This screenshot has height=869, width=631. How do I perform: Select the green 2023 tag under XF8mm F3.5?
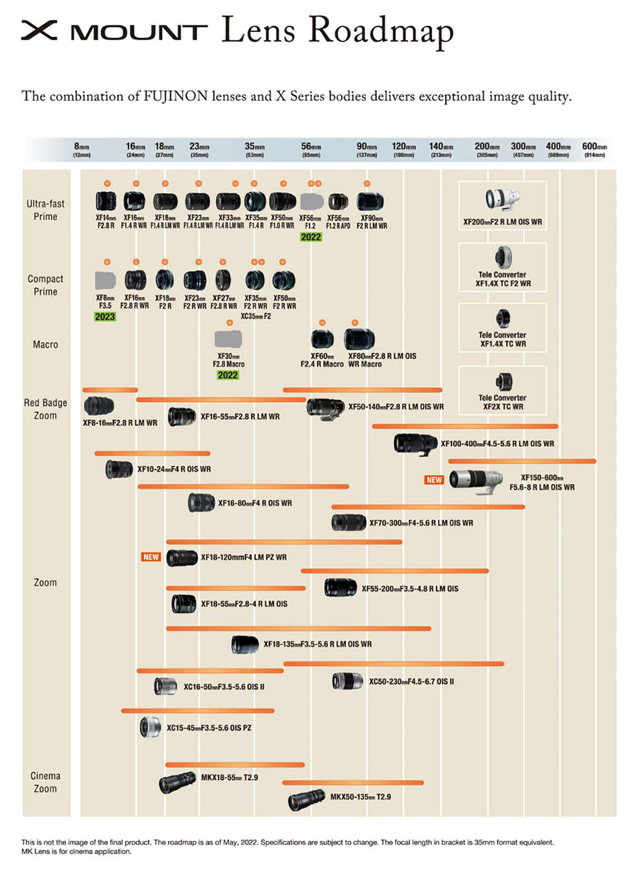click(105, 316)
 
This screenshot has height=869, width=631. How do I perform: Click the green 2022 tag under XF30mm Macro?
click(228, 375)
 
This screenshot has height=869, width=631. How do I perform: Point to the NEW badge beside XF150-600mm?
click(434, 480)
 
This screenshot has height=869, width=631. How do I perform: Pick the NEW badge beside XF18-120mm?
click(151, 557)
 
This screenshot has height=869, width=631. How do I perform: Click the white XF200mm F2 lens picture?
click(502, 199)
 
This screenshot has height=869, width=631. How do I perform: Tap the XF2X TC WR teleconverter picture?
click(503, 382)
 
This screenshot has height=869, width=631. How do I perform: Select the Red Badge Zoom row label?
click(45, 409)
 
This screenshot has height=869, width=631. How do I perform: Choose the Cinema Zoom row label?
click(45, 782)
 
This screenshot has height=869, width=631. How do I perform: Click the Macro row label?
click(45, 344)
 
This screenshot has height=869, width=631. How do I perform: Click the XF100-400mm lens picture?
click(415, 443)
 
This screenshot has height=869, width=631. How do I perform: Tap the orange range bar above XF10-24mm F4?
click(152, 453)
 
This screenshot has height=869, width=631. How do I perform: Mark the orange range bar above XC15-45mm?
click(197, 711)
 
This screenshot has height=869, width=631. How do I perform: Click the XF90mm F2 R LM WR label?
click(371, 222)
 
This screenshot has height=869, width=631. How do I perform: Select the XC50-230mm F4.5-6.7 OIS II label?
click(411, 681)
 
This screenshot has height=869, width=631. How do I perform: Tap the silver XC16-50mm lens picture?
click(165, 686)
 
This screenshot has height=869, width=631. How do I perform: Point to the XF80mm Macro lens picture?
click(359, 339)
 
